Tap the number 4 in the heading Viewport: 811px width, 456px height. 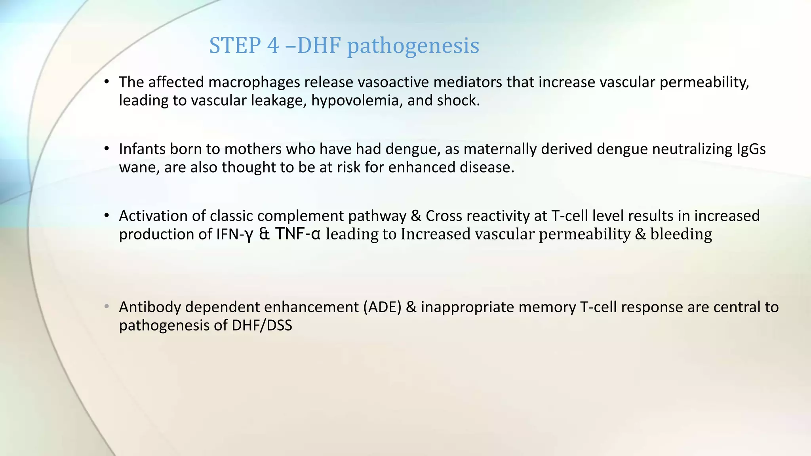pos(273,45)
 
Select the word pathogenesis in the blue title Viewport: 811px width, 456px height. pos(413,46)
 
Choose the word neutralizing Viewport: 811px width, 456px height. pos(692,149)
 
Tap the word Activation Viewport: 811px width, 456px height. pos(153,216)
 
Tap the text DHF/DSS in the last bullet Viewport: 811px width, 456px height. pos(262,325)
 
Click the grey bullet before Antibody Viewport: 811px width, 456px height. pos(106,307)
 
